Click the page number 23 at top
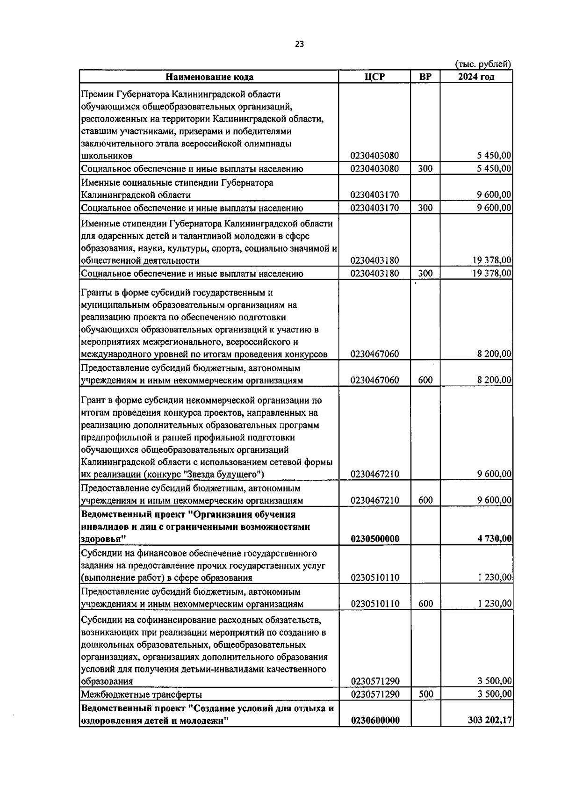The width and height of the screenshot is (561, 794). (299, 44)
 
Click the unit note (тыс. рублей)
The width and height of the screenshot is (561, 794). (483, 64)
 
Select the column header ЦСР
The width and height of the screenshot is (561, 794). (374, 77)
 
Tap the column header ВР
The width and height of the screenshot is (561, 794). (425, 77)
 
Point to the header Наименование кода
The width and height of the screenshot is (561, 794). (209, 77)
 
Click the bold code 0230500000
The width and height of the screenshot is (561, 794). (374, 539)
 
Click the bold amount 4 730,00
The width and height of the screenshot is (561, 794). (494, 539)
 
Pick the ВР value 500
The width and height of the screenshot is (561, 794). (425, 694)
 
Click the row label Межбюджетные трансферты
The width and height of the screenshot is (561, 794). (142, 694)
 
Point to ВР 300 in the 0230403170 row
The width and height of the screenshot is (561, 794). (425, 208)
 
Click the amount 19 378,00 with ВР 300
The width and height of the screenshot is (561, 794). (492, 274)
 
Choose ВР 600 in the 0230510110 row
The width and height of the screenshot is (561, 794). (425, 604)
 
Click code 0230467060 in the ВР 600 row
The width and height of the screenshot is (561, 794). (374, 380)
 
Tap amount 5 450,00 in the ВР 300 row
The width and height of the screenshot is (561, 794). (494, 169)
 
